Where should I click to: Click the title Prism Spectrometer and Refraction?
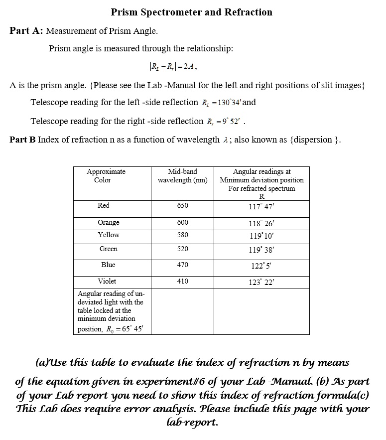click(x=191, y=12)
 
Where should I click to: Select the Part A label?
click(x=26, y=31)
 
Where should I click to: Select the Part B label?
click(x=22, y=140)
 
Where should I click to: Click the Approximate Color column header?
click(x=106, y=175)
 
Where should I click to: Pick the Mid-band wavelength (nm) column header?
click(x=182, y=175)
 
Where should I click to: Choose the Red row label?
click(x=104, y=205)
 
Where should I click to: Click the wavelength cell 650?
click(x=183, y=205)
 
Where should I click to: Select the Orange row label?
click(x=108, y=222)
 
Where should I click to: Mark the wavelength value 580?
click(x=183, y=234)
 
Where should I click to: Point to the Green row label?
click(x=109, y=249)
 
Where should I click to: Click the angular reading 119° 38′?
click(x=262, y=249)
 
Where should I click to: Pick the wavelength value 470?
click(x=183, y=265)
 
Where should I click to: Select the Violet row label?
click(x=107, y=281)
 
